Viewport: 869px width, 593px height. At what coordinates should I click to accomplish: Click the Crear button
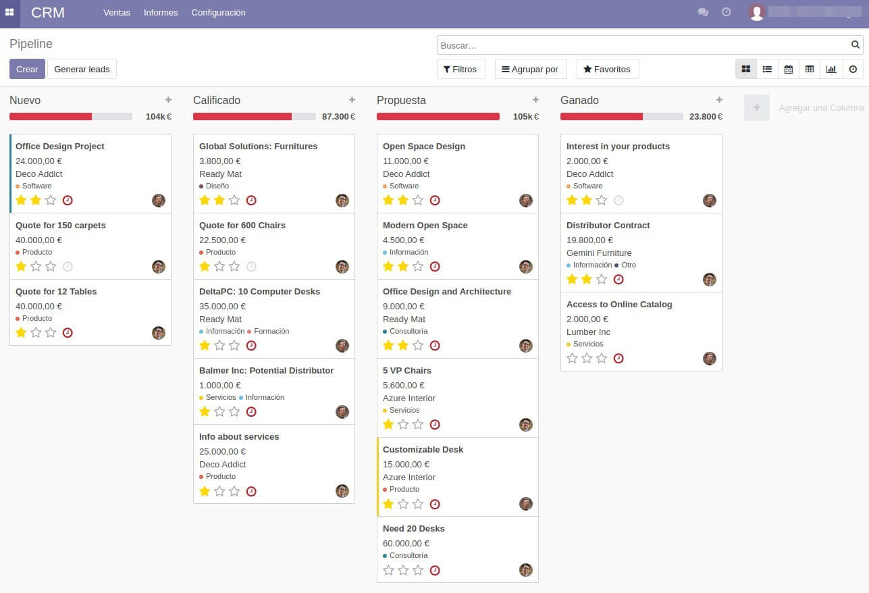click(x=27, y=69)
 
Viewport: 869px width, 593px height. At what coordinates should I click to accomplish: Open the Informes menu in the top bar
click(x=161, y=13)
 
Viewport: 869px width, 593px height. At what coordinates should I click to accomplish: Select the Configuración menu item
click(x=218, y=13)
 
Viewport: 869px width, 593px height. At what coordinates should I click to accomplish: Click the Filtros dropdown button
click(x=460, y=69)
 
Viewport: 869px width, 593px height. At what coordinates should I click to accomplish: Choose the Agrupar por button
click(x=529, y=69)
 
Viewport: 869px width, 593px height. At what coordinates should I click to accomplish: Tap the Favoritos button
click(x=607, y=69)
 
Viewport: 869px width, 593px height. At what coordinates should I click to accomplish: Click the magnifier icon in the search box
click(x=855, y=45)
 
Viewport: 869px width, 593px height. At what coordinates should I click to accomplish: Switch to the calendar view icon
click(x=788, y=69)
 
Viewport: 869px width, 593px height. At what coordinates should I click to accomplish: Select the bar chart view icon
click(x=831, y=69)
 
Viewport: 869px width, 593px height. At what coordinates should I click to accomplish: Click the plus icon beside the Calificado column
click(x=352, y=100)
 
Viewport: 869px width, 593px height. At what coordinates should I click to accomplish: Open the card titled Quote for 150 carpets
click(x=61, y=226)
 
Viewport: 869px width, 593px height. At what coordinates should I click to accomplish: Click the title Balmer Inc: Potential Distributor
click(x=266, y=371)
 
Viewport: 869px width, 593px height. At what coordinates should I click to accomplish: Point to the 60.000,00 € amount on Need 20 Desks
click(x=406, y=543)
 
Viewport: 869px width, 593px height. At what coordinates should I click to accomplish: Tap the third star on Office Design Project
click(x=51, y=200)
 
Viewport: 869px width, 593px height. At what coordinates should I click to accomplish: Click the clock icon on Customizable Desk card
click(x=435, y=504)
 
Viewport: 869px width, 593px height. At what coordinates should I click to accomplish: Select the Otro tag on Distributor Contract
click(x=628, y=265)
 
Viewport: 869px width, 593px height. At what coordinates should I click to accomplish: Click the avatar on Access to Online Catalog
click(x=709, y=359)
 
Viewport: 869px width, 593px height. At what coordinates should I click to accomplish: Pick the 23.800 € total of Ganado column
click(x=705, y=117)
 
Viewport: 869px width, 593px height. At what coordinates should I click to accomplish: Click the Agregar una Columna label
click(x=821, y=108)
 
